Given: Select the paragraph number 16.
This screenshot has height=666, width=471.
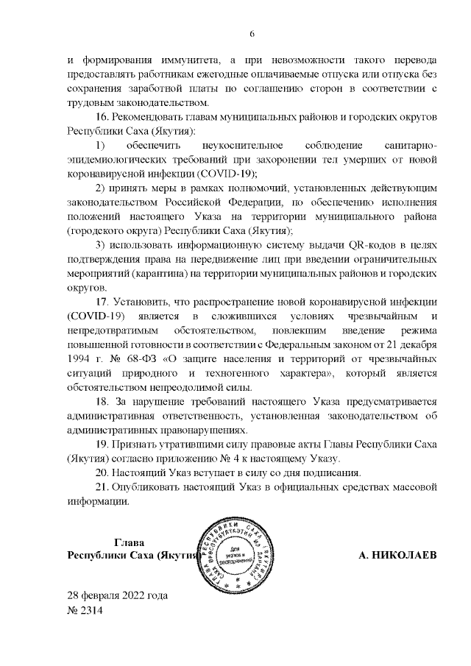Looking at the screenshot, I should tap(104, 117).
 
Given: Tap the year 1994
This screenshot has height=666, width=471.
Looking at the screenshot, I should tap(81, 359).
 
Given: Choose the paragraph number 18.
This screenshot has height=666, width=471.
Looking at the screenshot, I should tap(104, 402).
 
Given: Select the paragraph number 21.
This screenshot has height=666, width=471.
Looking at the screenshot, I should tap(104, 487).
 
